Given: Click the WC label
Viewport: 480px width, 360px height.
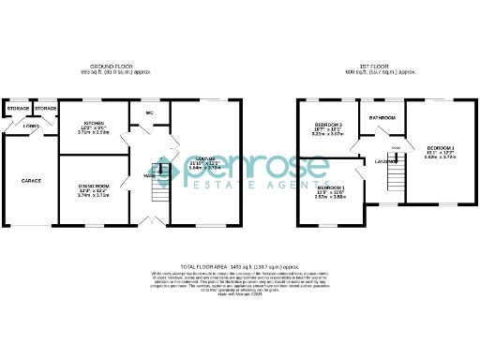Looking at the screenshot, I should tap(149, 115).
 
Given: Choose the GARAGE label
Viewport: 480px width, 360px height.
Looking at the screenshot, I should tap(31, 179).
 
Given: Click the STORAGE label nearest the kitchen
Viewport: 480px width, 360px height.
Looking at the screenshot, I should tap(46, 109).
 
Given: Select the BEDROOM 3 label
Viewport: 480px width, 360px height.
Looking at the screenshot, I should tap(327, 125).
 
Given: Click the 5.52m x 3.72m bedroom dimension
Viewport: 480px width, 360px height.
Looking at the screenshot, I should tap(440, 157).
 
